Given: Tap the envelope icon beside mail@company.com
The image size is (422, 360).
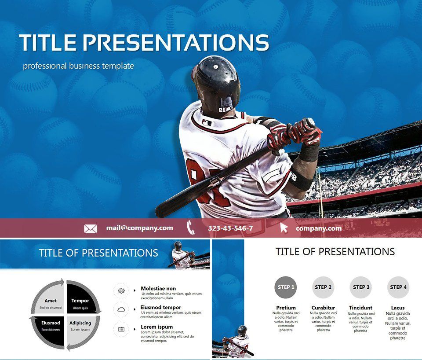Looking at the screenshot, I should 91,228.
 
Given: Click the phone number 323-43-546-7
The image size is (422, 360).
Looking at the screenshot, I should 230,228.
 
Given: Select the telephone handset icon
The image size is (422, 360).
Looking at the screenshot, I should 191,228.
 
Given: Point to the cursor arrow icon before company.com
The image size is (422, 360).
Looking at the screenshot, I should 284,228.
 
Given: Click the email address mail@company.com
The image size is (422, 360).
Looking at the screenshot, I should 139,228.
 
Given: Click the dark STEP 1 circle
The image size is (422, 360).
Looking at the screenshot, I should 285,287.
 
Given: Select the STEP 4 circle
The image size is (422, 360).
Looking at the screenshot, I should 398,287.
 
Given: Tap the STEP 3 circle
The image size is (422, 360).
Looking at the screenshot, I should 361,287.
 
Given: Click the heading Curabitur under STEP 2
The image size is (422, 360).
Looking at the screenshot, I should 323,308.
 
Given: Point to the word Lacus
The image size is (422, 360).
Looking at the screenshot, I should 398,308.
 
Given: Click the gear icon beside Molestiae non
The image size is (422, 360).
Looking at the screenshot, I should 121,291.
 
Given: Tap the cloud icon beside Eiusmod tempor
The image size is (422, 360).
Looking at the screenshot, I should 121,310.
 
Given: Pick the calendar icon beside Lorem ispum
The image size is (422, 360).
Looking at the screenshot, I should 121,329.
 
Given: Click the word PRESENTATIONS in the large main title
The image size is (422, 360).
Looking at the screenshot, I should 176,43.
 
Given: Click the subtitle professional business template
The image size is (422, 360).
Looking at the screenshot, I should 78,66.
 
